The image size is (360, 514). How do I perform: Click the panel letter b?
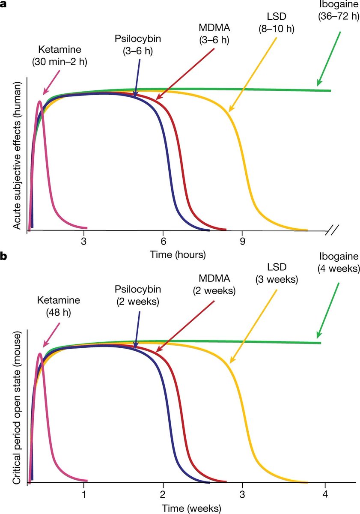[x=4, y=257]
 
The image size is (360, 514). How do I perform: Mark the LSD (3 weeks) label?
[x=277, y=275]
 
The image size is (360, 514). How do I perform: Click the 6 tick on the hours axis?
[x=164, y=242]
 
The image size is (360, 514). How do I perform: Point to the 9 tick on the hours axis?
[x=243, y=242]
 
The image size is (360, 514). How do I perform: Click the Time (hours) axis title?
[x=178, y=254]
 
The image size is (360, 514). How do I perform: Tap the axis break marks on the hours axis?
[x=332, y=232]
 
